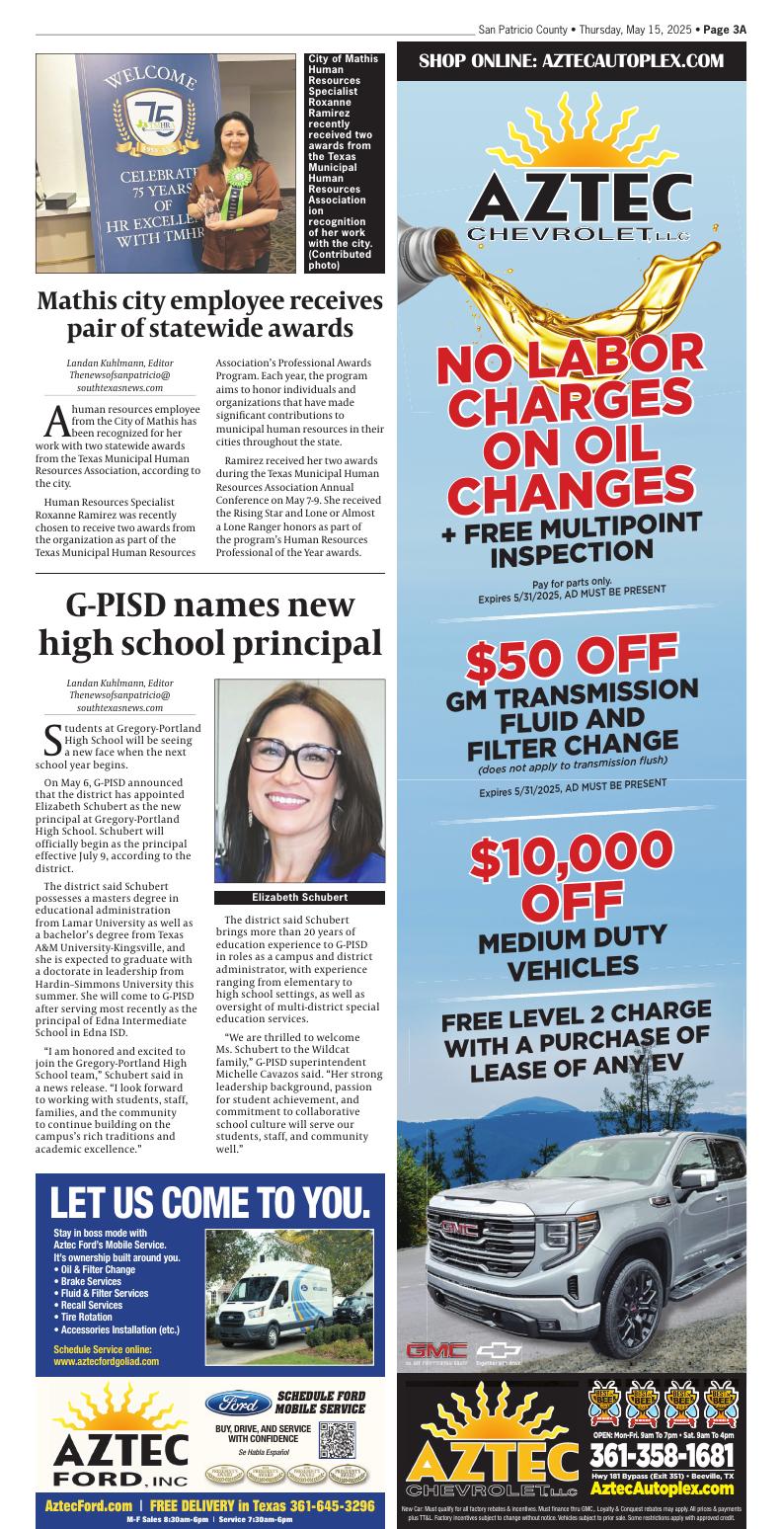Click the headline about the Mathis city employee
click(209, 313)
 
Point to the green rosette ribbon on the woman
click(236, 181)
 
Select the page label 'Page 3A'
click(725, 31)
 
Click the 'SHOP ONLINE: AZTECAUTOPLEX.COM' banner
click(571, 62)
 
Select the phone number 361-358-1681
click(662, 1456)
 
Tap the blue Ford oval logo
click(238, 1404)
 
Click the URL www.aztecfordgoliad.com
click(106, 1360)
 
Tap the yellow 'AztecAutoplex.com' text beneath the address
click(662, 1489)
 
